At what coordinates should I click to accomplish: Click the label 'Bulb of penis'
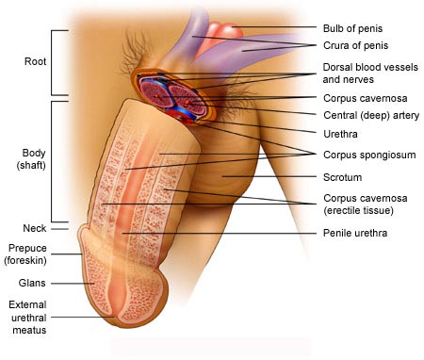click(x=352, y=28)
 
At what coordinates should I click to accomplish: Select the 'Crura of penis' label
click(x=355, y=45)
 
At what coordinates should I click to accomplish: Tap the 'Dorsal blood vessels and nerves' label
click(x=370, y=74)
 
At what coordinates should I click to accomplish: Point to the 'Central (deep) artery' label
click(x=371, y=115)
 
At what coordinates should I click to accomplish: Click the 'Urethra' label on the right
click(x=340, y=134)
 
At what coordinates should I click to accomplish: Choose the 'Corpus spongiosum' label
click(x=369, y=155)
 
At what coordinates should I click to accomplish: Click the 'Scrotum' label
click(x=342, y=177)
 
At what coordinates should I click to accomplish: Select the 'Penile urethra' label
click(x=355, y=233)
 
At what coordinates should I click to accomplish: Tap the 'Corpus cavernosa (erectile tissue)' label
click(x=366, y=205)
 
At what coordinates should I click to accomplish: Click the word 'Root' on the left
click(x=35, y=61)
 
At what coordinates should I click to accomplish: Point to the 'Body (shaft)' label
click(x=31, y=159)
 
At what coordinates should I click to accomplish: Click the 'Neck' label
click(x=35, y=228)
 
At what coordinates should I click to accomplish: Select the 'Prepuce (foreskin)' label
click(x=25, y=254)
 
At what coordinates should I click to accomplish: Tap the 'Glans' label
click(x=32, y=283)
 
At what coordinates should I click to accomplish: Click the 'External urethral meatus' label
click(x=28, y=318)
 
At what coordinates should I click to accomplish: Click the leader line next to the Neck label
click(x=59, y=229)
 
